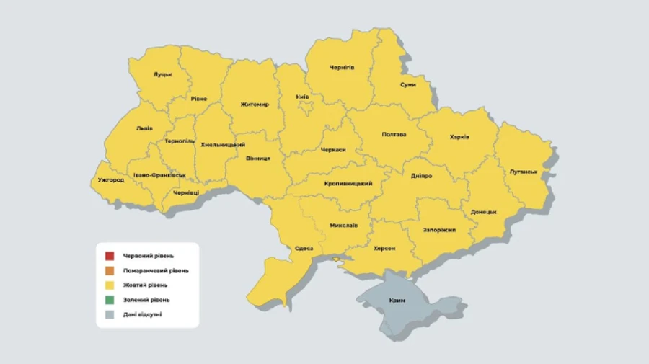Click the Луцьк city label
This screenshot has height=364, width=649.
162,74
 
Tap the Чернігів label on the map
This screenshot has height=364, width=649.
342,67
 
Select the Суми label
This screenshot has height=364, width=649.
407,84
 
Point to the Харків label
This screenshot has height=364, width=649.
459,136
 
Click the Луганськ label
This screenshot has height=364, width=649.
523,171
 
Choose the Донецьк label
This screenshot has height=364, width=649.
483,212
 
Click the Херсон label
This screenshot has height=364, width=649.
384,248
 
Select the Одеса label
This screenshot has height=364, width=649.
304,248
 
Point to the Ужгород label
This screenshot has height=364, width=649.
110,179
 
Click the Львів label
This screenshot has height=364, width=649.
144,128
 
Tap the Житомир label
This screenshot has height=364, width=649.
255,104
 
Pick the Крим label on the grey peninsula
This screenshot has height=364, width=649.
397,300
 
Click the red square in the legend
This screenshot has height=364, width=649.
109,256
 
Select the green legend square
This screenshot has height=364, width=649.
109,299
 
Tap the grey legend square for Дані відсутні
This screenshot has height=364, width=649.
109,314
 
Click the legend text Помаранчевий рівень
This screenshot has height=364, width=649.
156,270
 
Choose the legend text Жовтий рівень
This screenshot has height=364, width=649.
146,285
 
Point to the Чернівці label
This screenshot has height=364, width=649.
186,192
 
